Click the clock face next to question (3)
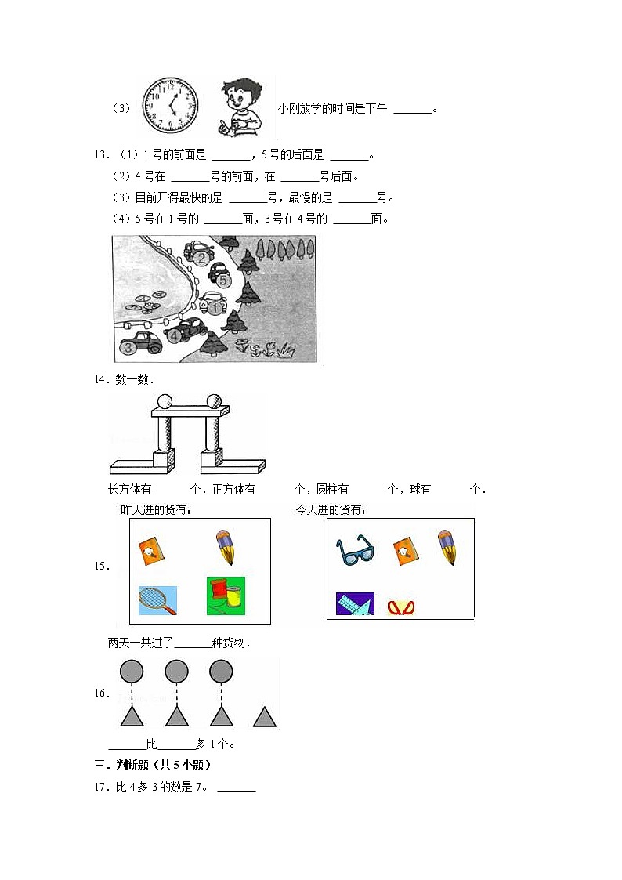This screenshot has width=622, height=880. pyautogui.click(x=170, y=107)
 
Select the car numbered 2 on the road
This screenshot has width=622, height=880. pyautogui.click(x=199, y=253)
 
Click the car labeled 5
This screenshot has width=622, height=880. pyautogui.click(x=221, y=275)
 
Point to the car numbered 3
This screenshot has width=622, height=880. pyautogui.click(x=140, y=342)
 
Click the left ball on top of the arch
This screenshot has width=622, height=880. pyautogui.click(x=165, y=402)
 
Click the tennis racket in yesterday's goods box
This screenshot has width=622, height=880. pyautogui.click(x=157, y=600)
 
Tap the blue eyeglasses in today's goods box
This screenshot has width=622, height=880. pyautogui.click(x=356, y=550)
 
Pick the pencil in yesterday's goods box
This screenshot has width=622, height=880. pyautogui.click(x=225, y=547)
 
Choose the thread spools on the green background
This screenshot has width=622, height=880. pyautogui.click(x=226, y=596)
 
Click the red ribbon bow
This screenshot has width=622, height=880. pyautogui.click(x=400, y=607)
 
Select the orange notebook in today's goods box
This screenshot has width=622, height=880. pyautogui.click(x=404, y=551)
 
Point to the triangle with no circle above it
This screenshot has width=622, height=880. pyautogui.click(x=265, y=716)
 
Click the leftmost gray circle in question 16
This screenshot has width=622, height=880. pyautogui.click(x=131, y=671)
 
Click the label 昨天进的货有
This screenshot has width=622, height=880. pyautogui.click(x=156, y=509)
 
